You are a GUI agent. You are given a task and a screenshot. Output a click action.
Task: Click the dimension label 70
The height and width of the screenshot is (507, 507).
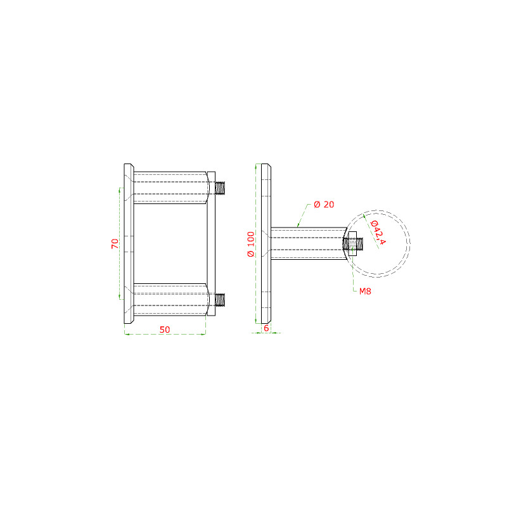pos(115,243)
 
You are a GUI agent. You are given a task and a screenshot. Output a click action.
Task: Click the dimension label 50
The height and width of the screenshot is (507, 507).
pos(165,330)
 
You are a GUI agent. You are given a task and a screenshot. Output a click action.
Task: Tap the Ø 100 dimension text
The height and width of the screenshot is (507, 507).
pos(251,244)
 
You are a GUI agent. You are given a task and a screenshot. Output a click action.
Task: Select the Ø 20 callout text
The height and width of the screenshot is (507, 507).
pos(324,204)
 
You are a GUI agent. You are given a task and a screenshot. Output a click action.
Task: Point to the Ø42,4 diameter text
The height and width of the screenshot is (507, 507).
pos(378,233)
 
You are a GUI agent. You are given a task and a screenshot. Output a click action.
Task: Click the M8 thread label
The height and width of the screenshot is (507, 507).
pos(365,292)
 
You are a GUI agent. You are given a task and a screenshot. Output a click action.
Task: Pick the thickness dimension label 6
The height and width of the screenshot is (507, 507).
pos(266,328)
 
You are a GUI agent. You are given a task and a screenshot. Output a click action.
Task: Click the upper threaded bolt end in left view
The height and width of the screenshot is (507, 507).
pos(220,188)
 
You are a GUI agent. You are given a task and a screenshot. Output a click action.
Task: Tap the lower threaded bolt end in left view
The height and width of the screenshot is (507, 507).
pos(220,300)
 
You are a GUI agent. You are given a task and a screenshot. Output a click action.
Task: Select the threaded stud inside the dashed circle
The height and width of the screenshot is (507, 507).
pos(353,244)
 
